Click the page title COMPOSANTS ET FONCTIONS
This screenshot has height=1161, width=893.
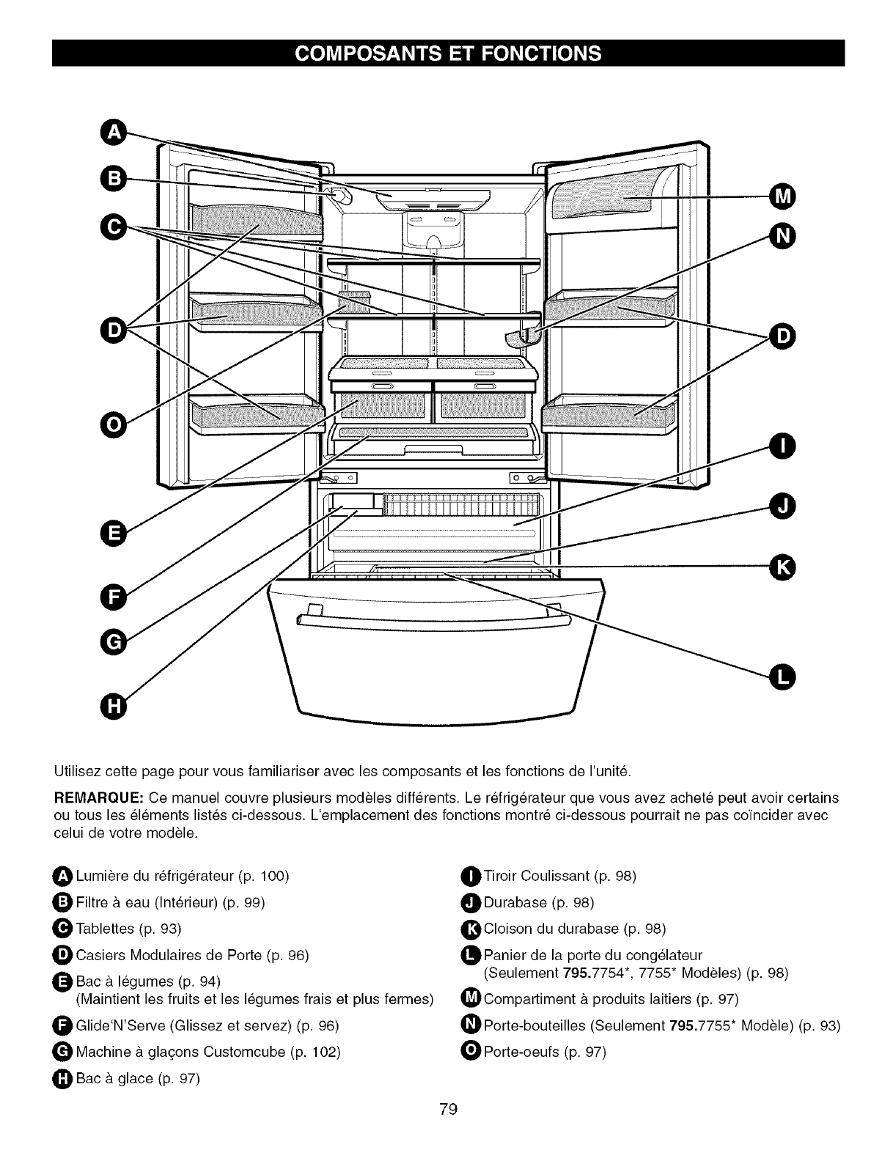coord(447,54)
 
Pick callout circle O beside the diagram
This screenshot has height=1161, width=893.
coord(113,424)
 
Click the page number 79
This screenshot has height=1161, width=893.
coord(448,1109)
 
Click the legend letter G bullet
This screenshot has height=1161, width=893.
coord(63,1052)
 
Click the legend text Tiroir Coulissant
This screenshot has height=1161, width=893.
coord(537,876)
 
